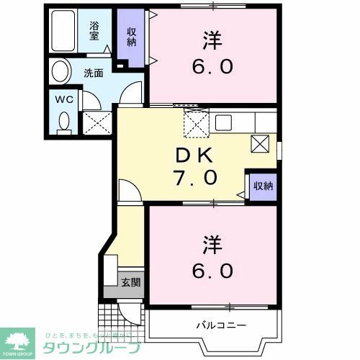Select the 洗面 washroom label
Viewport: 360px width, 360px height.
coord(94,73)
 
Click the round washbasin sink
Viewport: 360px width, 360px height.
coord(60,72)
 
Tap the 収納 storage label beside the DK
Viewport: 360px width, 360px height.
coord(263,186)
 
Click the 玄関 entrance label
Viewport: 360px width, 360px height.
coord(130,282)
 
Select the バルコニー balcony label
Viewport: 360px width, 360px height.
coord(220,325)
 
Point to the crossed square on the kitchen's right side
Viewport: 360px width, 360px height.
coord(261,143)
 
